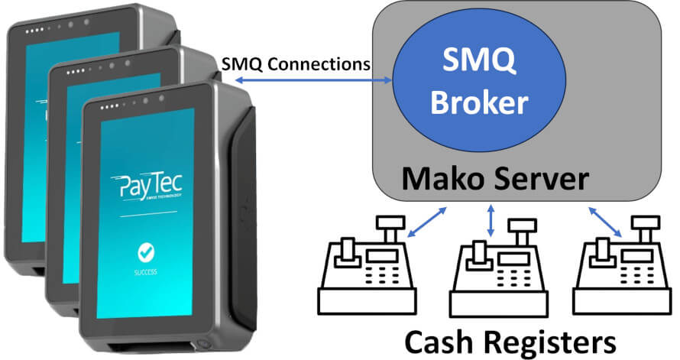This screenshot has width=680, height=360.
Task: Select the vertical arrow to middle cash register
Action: point(491,219)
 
